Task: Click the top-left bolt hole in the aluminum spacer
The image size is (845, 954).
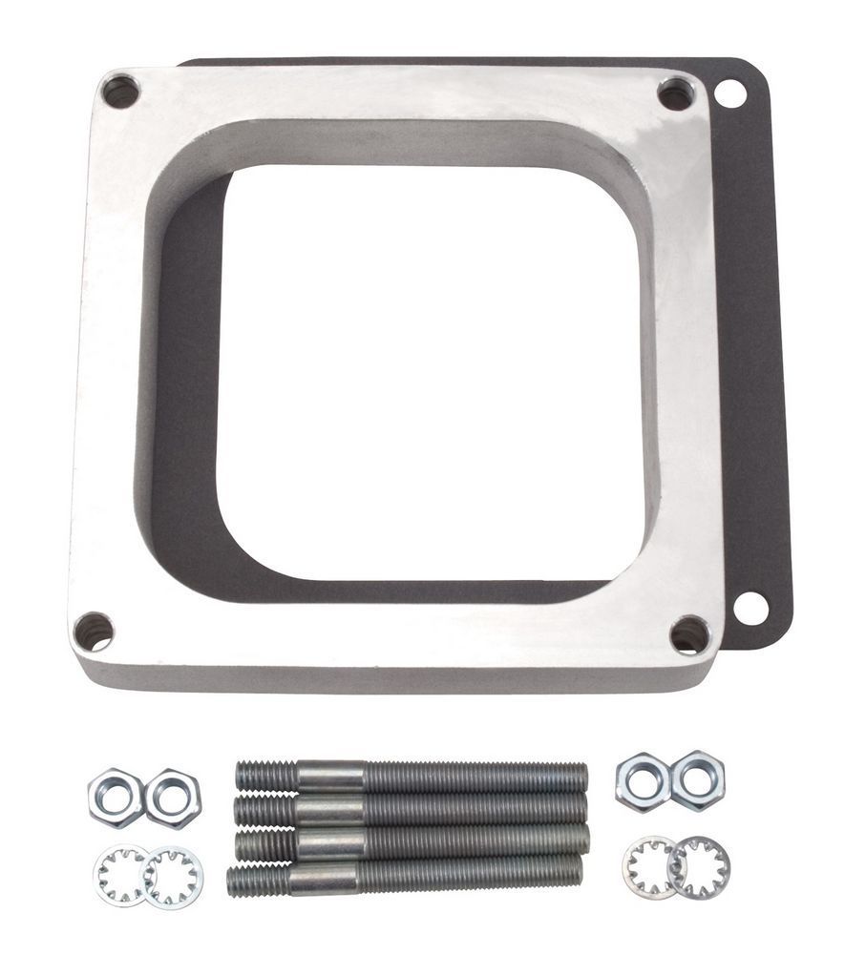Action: [120, 92]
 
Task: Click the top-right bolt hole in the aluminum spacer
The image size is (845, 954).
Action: [676, 93]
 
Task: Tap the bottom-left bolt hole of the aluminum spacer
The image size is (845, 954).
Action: [94, 632]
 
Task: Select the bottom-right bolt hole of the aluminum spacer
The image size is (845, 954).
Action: [689, 634]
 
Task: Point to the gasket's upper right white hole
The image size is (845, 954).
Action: [730, 93]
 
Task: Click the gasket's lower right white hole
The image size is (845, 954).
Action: [750, 607]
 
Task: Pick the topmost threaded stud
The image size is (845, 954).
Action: [411, 776]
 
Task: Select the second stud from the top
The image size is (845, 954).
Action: [411, 809]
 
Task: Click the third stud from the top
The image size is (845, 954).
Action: [411, 840]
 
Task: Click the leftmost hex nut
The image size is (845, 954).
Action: [116, 796]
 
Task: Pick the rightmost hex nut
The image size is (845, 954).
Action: [698, 779]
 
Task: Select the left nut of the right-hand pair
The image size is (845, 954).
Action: [643, 780]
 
